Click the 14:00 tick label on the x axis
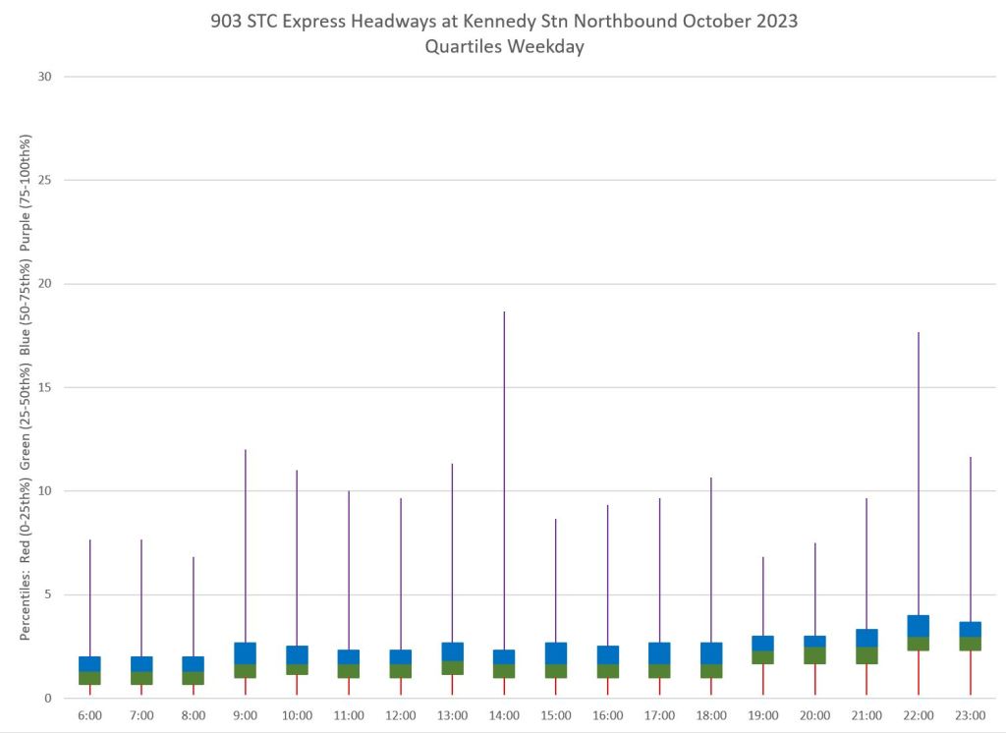click(x=504, y=716)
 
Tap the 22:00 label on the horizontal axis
click(x=918, y=716)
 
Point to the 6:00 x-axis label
click(x=89, y=716)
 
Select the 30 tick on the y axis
click(x=45, y=77)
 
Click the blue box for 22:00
click(x=918, y=626)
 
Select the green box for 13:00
click(x=452, y=667)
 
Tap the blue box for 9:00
click(x=245, y=653)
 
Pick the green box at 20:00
click(x=814, y=655)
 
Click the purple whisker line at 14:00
click(x=504, y=472)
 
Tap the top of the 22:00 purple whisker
click(x=918, y=334)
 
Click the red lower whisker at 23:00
click(x=970, y=673)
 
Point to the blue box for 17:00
click(x=659, y=653)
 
